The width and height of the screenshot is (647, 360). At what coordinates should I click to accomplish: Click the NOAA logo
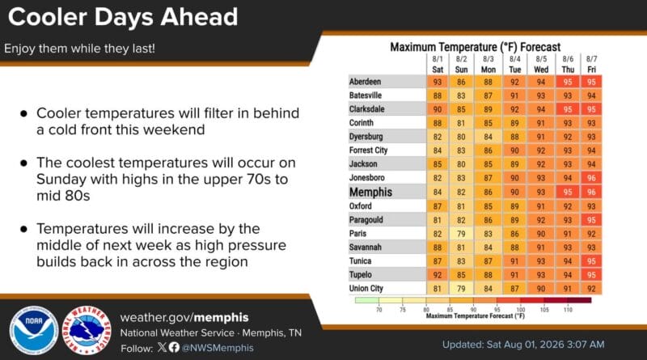[x=34, y=330]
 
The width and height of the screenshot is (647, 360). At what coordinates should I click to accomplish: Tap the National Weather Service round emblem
[x=87, y=330]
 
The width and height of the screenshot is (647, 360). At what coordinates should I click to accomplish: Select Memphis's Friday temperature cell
[x=591, y=192]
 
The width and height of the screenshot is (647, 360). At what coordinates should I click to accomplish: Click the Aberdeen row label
[x=366, y=82]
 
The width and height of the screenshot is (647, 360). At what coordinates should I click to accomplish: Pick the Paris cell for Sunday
[x=461, y=234]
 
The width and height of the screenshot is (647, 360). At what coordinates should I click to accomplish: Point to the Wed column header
[x=541, y=70]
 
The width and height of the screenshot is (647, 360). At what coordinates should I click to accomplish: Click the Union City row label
[x=366, y=289]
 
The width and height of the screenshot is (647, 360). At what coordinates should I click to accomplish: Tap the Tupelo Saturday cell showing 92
[x=438, y=275]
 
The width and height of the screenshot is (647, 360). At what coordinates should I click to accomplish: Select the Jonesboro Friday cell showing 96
[x=591, y=178]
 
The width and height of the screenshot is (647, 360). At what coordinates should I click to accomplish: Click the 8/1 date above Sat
[x=438, y=59]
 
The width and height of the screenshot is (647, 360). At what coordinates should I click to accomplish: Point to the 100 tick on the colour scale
[x=521, y=309]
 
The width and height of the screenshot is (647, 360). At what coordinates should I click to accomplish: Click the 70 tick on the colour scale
[x=378, y=309]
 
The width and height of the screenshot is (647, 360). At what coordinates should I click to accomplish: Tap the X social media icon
[x=162, y=347]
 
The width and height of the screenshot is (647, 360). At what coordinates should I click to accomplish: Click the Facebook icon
[x=174, y=347]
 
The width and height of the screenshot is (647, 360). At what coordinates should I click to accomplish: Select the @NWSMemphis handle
[x=218, y=348]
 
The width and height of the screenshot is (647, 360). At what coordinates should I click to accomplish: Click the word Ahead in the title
[x=199, y=17]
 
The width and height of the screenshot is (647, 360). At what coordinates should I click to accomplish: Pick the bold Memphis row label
[x=370, y=192]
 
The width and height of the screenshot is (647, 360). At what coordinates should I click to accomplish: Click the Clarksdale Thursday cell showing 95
[x=568, y=109]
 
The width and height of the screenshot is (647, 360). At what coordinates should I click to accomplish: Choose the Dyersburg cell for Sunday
[x=461, y=137]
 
